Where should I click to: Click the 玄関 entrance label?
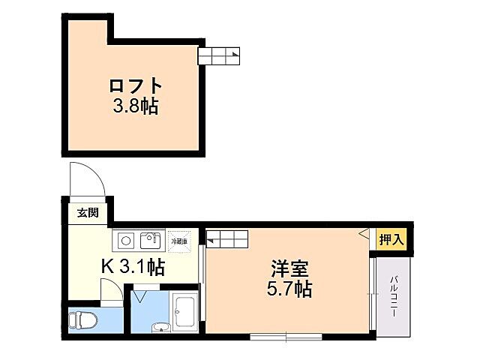coord(87,213)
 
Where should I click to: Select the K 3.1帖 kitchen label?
coord(133,265)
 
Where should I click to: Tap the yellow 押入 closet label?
coord(391,240)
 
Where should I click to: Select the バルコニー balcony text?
coord(393,295)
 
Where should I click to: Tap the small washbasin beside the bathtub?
coord(159,326)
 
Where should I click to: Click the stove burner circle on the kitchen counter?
coord(126,241)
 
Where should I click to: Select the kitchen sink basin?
coord(150,240)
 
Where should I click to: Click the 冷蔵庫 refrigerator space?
coord(179,241)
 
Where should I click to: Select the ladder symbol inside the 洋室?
coord(228,239)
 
